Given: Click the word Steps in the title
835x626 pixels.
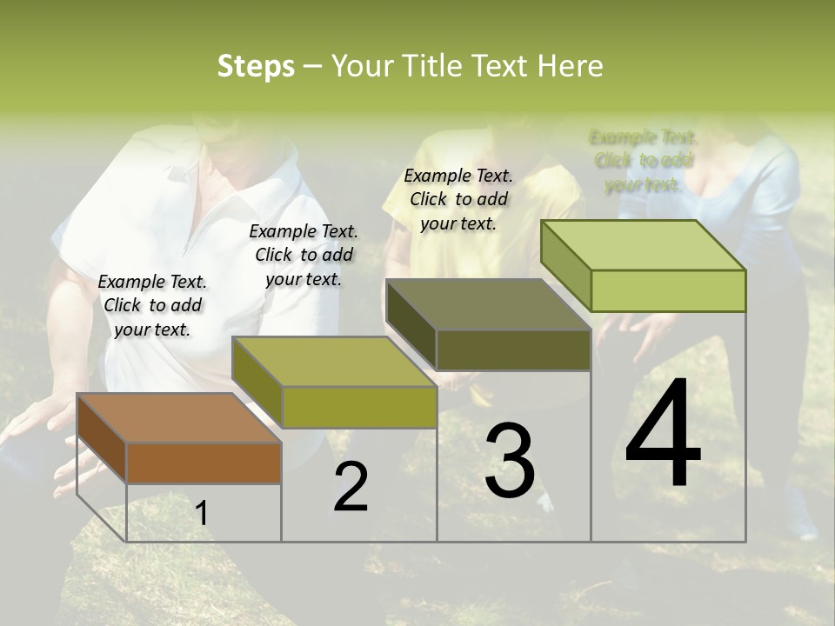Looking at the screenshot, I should coord(255,66).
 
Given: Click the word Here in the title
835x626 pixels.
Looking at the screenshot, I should coord(570,66).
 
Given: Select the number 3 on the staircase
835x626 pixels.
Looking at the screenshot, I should coord(509,461).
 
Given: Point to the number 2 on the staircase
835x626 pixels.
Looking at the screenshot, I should coord(351,487).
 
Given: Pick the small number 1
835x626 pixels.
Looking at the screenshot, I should coord(202,513).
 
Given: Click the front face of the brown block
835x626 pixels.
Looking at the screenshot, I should coord(204,463).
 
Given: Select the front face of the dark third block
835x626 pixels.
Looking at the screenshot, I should coord(513,350).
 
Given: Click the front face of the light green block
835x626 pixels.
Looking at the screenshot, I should coord(668,290).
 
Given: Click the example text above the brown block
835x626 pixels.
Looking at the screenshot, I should coord(152,305).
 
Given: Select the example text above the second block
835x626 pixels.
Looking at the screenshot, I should coord(304,255).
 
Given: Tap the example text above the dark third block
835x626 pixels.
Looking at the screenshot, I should coord(458,199).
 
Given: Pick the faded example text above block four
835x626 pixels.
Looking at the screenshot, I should coord(643,161).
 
